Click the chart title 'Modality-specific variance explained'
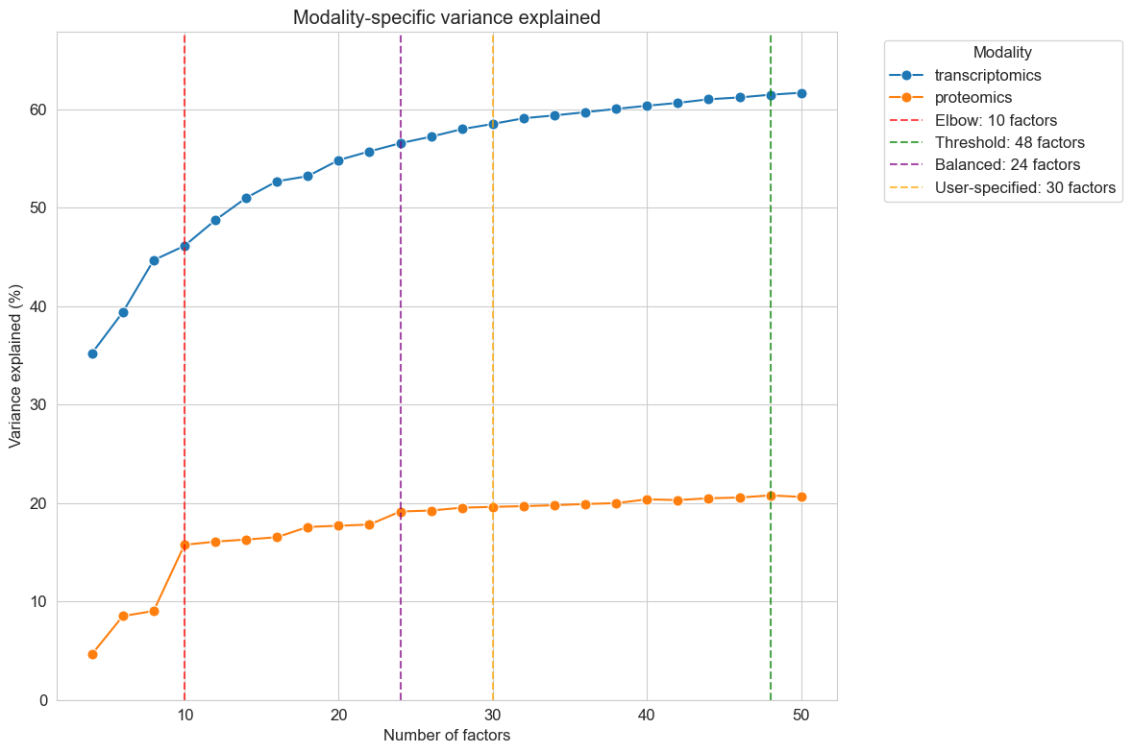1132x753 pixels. (447, 17)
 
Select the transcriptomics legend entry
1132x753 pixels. (989, 75)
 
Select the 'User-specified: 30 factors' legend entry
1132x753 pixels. (1024, 188)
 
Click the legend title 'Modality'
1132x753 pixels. (1002, 52)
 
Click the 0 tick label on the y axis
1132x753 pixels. (42, 700)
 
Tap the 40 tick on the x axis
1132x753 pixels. (647, 717)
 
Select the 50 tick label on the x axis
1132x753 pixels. (801, 717)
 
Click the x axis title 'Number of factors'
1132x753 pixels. (447, 736)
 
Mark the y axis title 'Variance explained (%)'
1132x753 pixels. (15, 366)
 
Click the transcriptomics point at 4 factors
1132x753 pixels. (92, 353)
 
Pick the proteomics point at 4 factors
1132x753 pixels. (92, 654)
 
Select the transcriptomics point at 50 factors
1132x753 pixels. (801, 93)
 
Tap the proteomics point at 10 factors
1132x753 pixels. (185, 545)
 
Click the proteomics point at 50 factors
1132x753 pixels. (801, 497)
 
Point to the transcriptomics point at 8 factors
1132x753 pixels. (154, 260)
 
